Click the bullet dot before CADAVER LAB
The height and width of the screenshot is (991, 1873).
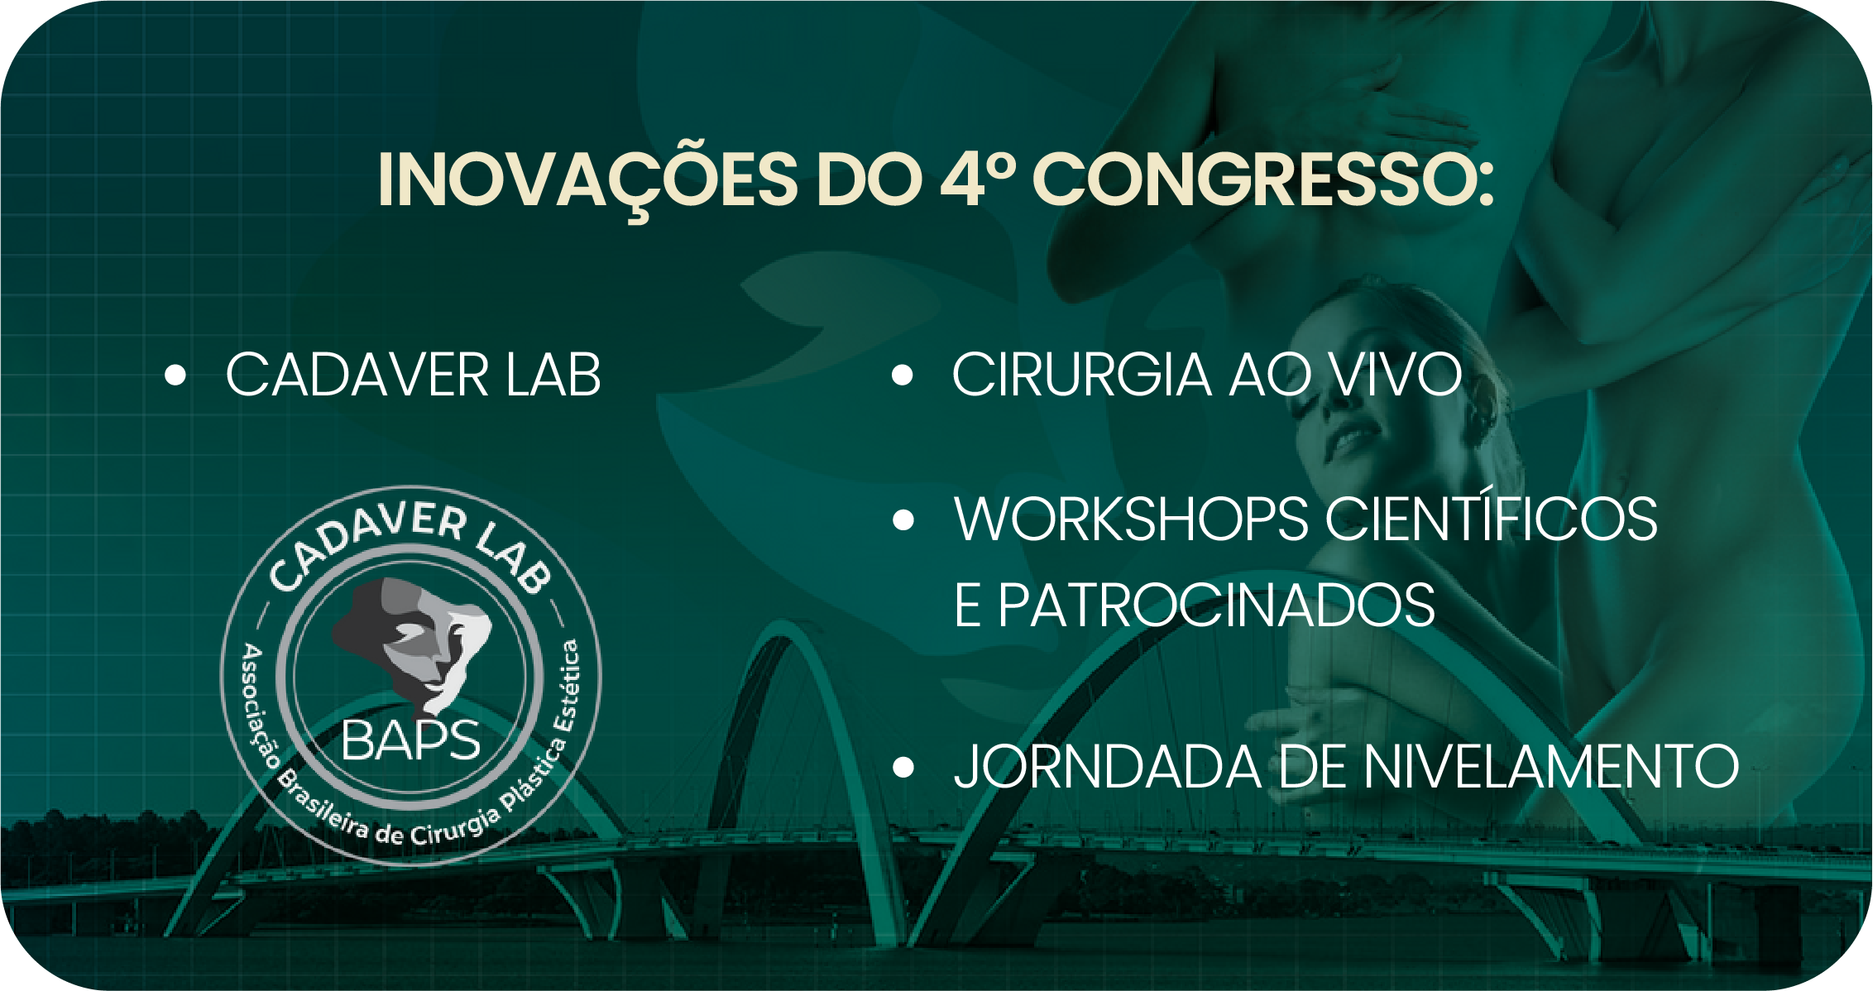pos(175,375)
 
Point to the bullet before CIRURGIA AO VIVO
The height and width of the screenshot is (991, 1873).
pos(903,375)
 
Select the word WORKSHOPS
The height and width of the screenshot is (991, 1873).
pos(1131,519)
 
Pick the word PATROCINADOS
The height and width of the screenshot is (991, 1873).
pos(1216,606)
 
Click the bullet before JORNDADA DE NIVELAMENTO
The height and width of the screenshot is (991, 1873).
pos(903,768)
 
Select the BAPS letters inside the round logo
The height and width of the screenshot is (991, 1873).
pos(410,740)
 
